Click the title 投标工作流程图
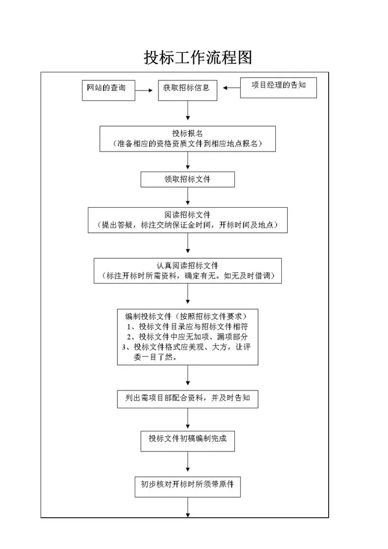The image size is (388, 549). click(x=198, y=58)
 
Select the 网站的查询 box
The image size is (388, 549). click(x=107, y=89)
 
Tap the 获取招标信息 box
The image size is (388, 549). click(x=187, y=90)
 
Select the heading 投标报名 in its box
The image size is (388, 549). click(x=187, y=133)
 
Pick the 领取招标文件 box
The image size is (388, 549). click(x=187, y=180)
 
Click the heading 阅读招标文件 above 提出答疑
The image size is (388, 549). click(x=187, y=215)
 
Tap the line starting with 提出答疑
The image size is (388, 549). click(x=187, y=225)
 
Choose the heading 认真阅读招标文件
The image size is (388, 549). click(x=187, y=265)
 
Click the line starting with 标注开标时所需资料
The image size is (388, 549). click(x=187, y=276)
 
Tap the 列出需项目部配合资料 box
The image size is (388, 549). click(x=187, y=399)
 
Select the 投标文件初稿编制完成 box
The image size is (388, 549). click(x=188, y=439)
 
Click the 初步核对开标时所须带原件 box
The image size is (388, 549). click(x=187, y=485)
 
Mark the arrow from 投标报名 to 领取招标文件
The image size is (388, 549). click(x=188, y=161)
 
